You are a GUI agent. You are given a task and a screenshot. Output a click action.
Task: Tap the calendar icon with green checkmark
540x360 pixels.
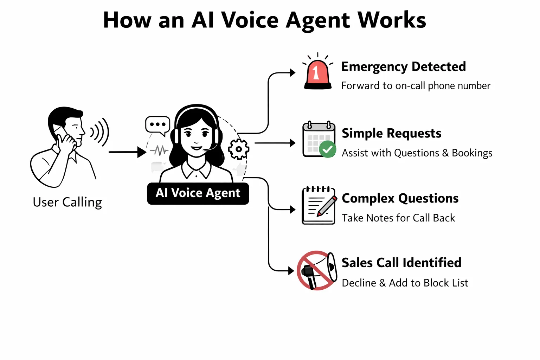pos(318,140)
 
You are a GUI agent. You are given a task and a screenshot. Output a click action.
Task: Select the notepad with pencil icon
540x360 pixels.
pos(318,206)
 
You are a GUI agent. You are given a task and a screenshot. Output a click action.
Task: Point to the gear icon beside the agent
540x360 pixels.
pos(239,149)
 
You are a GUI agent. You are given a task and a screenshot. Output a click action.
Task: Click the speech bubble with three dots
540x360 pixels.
pos(157,125)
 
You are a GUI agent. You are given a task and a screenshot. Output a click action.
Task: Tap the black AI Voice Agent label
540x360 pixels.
pos(198,193)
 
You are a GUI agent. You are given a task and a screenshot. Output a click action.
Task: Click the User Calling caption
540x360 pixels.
pos(67,202)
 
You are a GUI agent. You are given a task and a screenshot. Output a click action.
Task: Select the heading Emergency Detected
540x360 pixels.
pos(403,67)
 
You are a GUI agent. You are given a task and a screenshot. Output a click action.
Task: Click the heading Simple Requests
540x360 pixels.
pos(391,133)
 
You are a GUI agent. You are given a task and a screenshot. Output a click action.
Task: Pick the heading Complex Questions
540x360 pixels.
pos(400,198)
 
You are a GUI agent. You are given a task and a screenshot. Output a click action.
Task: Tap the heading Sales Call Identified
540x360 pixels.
pos(401,263)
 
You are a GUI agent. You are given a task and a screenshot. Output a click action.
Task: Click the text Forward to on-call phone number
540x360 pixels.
pos(416,86)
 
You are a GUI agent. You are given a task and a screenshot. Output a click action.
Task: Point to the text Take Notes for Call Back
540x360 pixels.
pos(398,218)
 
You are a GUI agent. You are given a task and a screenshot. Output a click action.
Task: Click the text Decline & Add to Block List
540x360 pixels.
pos(405,283)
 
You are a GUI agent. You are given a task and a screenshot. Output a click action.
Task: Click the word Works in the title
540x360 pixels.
pos(392,20)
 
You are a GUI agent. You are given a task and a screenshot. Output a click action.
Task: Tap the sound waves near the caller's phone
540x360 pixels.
pos(100,132)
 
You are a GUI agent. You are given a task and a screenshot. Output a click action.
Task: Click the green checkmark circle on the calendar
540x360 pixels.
pos(328,149)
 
